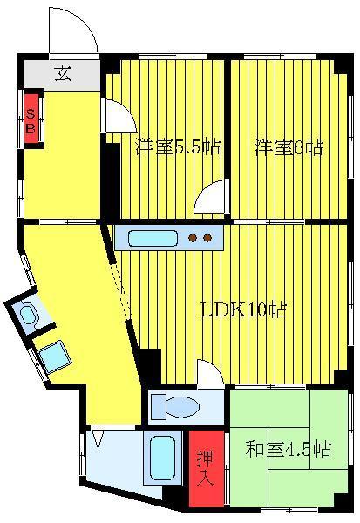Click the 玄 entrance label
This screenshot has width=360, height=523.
coord(63,74)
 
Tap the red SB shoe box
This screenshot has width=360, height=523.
coord(31,119)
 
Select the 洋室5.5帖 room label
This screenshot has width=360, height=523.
coord(178,147)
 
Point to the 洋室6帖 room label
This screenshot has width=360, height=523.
coord(289,147)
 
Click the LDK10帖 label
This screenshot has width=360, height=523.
coord(242,309)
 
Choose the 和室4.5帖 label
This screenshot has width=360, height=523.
coord(289,449)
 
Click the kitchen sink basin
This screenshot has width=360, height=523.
coord(153,238)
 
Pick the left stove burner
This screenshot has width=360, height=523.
coord(193,238)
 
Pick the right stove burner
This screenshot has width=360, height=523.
coord(207,238)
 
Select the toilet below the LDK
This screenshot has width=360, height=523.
coord(175,406)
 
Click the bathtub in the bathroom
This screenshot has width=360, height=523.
coord(163,458)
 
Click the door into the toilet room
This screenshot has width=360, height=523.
coord(210,373)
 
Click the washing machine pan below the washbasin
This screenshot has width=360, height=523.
coord(54,357)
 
